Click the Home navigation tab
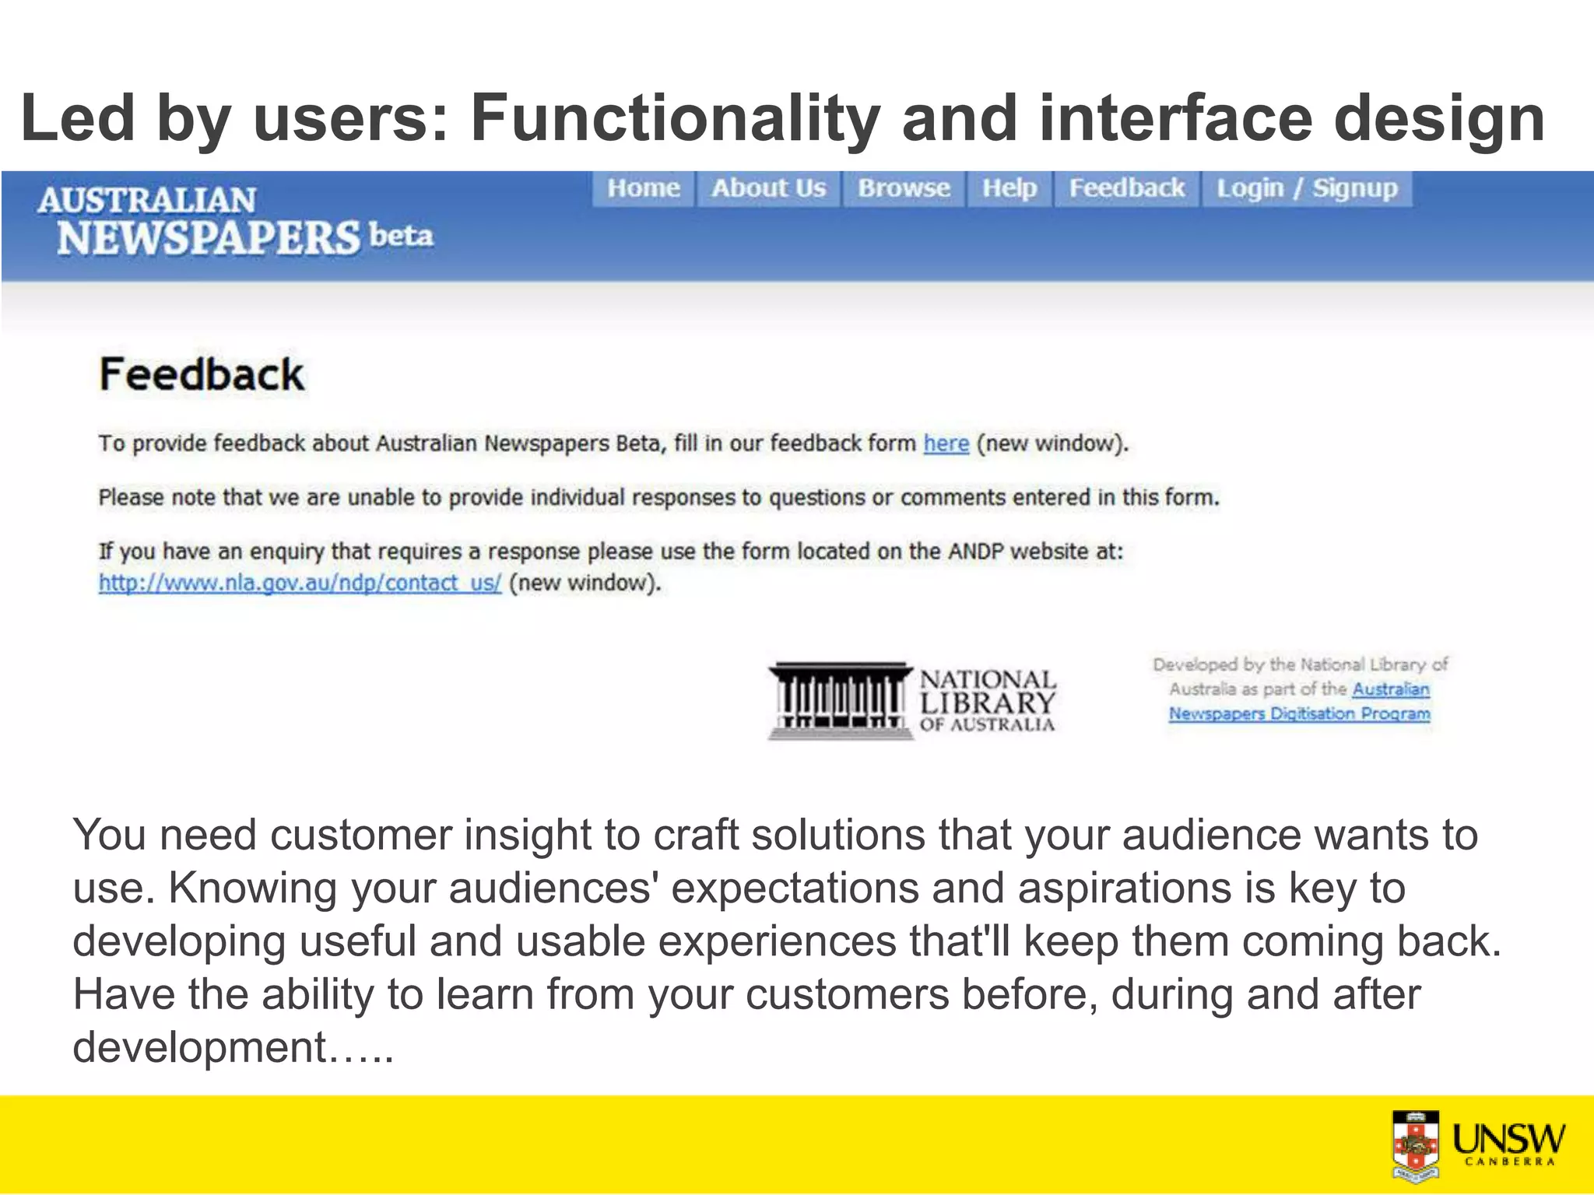644,188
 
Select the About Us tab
768,188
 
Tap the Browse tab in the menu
904,188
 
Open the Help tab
1009,188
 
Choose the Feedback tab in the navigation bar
1126,188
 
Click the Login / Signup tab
1307,188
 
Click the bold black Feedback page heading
202,375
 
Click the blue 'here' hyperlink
946,443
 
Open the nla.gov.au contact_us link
300,583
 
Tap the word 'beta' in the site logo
401,235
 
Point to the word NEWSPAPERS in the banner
209,238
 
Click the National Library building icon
839,699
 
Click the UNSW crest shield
1415,1144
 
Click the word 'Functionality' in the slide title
674,118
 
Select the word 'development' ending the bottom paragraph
199,1047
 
